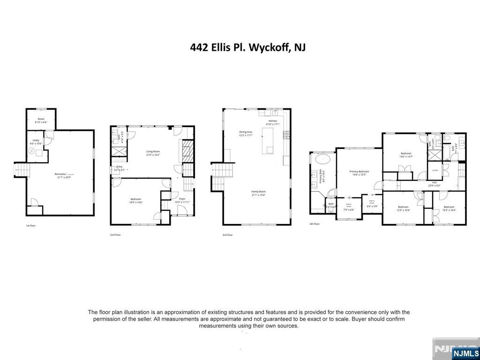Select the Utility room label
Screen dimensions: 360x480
tap(36, 140)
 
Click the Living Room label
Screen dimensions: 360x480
tap(153, 151)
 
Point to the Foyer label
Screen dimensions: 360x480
tap(181, 199)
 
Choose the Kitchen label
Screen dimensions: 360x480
tap(273, 121)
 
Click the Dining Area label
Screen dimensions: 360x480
tap(246, 132)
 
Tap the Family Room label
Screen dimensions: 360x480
tap(259, 192)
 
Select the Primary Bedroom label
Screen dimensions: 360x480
tap(359, 172)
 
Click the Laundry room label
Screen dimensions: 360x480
tap(435, 170)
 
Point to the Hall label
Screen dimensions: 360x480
tap(434, 182)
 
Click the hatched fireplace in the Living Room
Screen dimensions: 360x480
tap(187, 151)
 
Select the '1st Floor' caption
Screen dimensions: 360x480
tap(30, 226)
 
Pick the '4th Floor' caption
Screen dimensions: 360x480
tap(315, 224)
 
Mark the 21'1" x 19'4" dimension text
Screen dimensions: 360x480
tap(259, 195)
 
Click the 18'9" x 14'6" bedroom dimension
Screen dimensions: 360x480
tap(136, 202)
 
